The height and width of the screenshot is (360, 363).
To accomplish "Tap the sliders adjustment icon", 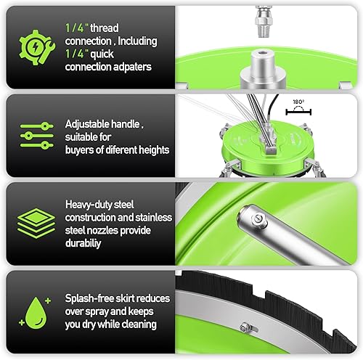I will pyautogui.click(x=33, y=135).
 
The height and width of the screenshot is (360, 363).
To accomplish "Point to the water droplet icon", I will pyautogui.click(x=33, y=314).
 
